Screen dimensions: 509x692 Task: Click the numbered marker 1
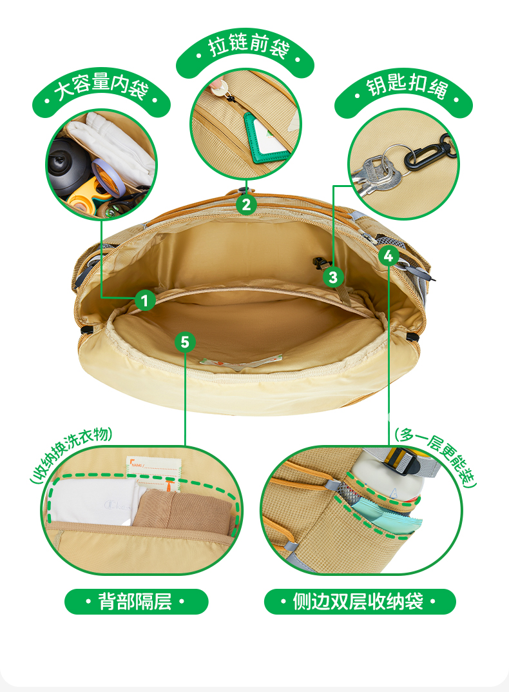coord(145,301)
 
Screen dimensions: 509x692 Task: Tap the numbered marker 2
coord(247,204)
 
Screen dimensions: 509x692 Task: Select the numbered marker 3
coord(333,277)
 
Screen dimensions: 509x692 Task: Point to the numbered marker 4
coord(389,256)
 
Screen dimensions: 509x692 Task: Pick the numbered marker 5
coord(185,342)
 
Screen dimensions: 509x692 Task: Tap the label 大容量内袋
coord(101,86)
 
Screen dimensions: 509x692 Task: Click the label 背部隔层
coord(135,602)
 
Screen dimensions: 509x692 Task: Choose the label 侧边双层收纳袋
coord(359,602)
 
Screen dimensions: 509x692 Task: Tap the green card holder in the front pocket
coord(266,137)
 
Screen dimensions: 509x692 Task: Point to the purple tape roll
coord(108,176)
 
